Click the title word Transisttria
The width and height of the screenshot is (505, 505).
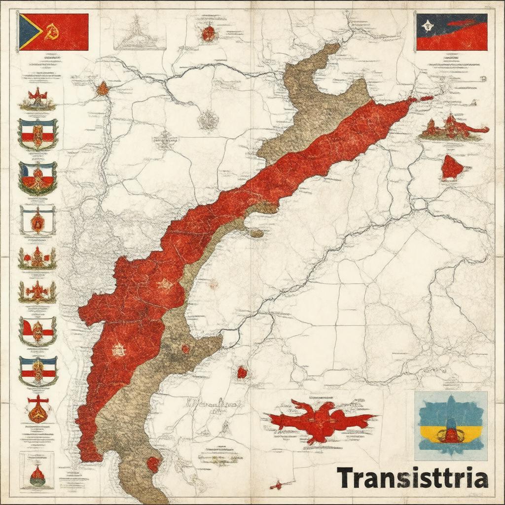pyautogui.click(x=412, y=478)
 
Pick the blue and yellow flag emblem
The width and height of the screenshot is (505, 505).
pyautogui.click(x=450, y=426)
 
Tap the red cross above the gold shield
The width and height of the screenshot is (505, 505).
pyautogui.click(x=37, y=399)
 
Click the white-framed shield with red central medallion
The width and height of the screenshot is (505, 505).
pyautogui.click(x=37, y=220)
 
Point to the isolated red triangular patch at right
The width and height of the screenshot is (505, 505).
pyautogui.click(x=451, y=168)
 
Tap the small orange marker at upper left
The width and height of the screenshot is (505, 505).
pyautogui.click(x=102, y=89)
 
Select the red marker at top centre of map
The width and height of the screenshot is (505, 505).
pyautogui.click(x=208, y=34)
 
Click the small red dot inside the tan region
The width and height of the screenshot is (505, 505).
pyautogui.click(x=185, y=349)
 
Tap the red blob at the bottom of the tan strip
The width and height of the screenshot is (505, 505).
pyautogui.click(x=153, y=464)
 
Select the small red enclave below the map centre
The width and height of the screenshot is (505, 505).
pyautogui.click(x=242, y=372)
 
